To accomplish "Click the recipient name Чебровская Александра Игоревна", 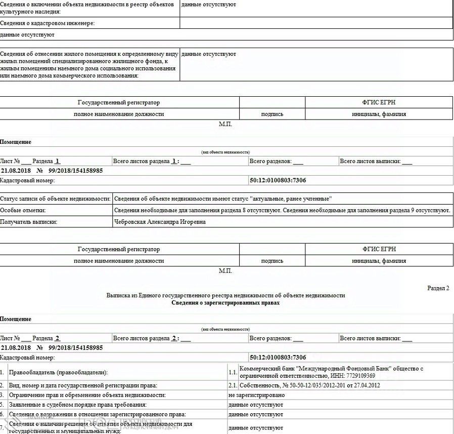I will pos(160,222).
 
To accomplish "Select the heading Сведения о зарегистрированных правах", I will pos(225,303).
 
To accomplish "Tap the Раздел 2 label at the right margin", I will pos(438,288).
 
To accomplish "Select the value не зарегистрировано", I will pos(255,395).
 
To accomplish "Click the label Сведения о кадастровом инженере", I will pos(48,23).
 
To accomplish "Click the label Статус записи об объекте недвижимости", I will pos(55,198).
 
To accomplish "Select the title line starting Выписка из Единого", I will pos(225,295).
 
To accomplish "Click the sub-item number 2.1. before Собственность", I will pos(233,386).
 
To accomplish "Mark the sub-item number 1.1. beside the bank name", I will pos(233,373).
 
